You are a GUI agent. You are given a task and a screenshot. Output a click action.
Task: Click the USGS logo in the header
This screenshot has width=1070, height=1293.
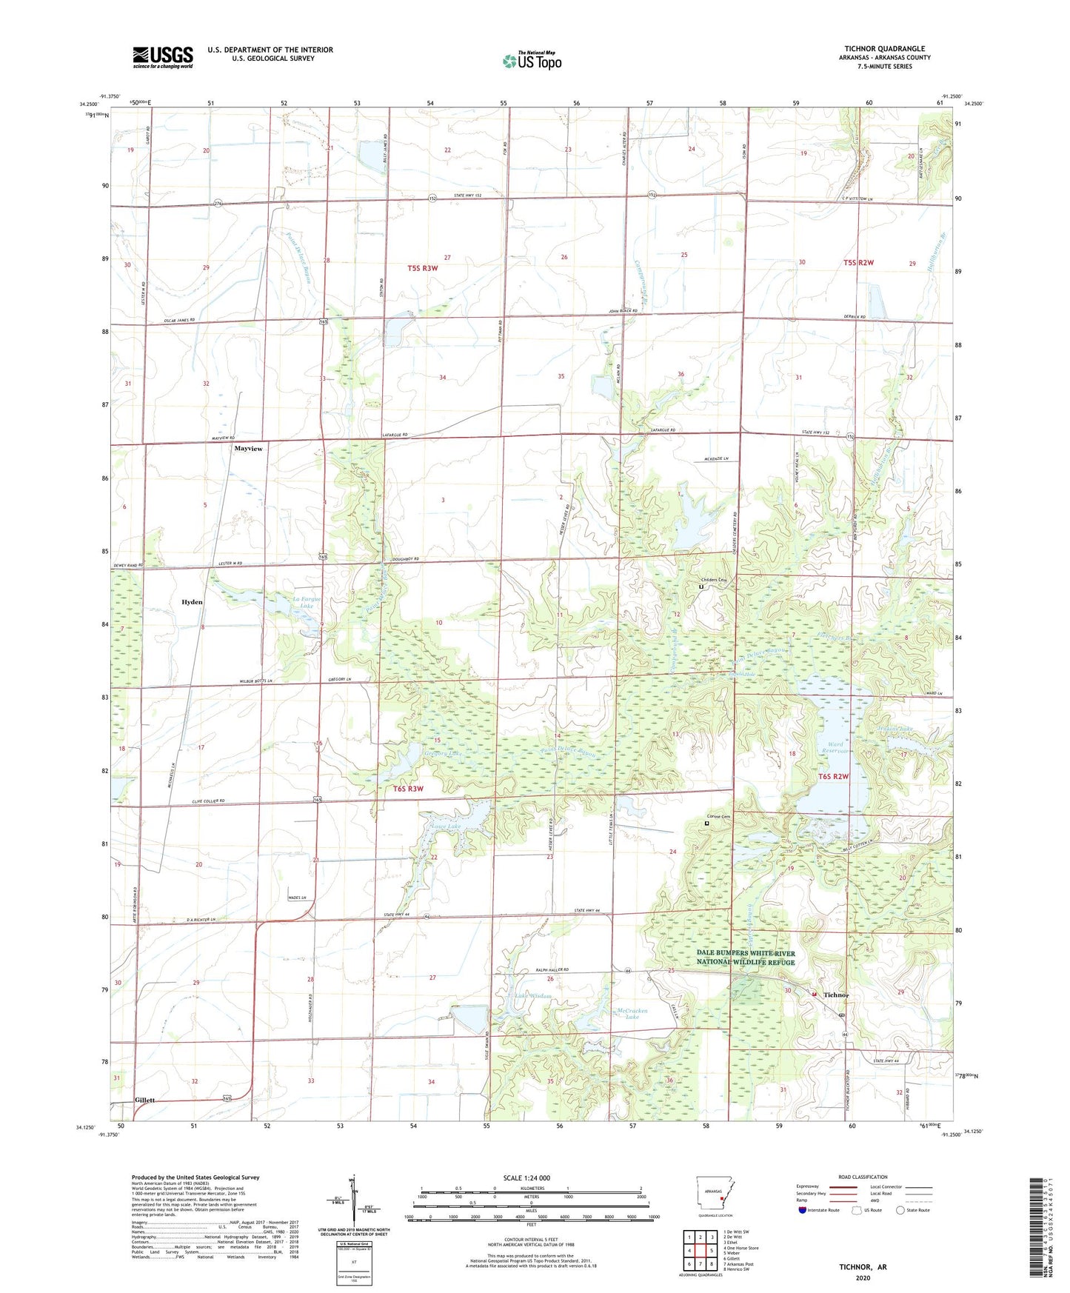[162, 56]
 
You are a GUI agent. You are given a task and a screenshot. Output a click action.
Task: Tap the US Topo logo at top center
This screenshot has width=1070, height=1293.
[532, 61]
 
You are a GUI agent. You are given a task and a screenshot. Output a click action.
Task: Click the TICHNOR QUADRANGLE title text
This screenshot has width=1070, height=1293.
[884, 49]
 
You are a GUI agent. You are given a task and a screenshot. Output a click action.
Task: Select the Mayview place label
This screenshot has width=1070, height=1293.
[248, 449]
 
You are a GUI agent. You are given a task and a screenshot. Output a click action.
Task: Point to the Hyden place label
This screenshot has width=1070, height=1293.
[192, 602]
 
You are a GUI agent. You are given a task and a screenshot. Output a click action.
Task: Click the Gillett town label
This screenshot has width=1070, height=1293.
[144, 1100]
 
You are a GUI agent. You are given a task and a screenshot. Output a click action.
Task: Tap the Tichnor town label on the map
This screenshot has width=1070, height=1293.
[836, 995]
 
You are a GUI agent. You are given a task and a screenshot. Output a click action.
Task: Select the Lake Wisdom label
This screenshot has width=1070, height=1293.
[533, 996]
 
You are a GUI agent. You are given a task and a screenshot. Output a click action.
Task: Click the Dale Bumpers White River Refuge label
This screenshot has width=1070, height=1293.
[746, 958]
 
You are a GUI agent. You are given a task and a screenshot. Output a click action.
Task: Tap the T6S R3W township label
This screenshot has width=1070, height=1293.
[408, 789]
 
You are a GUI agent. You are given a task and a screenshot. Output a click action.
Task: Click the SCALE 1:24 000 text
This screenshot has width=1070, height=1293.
[526, 1177]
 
